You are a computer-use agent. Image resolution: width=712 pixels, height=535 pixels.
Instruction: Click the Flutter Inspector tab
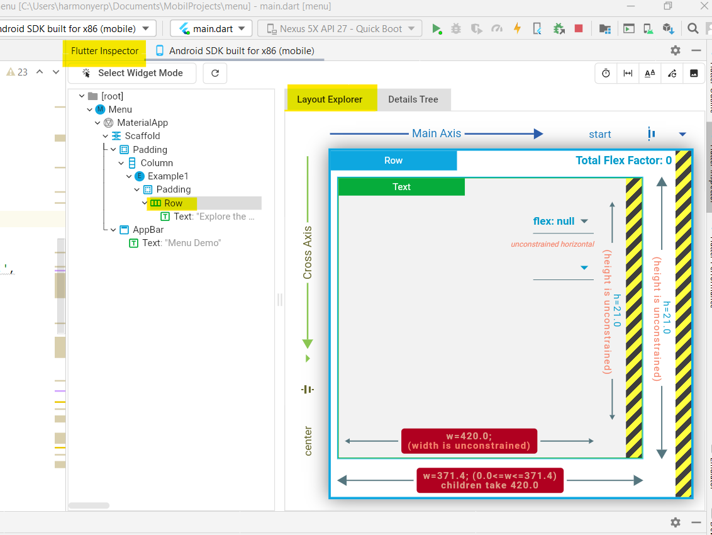coord(104,51)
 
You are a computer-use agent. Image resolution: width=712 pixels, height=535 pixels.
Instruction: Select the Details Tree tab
coord(413,99)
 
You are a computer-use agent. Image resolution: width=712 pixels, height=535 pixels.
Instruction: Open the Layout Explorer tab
coord(330,99)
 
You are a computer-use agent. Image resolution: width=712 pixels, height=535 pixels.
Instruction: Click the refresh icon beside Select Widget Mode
coord(215,73)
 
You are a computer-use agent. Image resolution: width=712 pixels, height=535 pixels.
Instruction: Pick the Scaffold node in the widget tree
coord(142,136)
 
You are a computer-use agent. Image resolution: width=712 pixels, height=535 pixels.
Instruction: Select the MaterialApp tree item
coord(142,123)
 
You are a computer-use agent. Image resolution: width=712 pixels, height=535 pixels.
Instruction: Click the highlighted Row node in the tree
coord(173,203)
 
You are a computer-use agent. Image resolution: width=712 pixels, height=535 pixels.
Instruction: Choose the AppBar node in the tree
coord(148,230)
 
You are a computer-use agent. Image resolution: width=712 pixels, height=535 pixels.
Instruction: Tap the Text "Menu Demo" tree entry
coord(181,243)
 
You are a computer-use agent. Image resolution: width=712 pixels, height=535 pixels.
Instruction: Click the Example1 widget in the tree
coord(168,176)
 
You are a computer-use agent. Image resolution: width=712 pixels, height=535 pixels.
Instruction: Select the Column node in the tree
coord(157,163)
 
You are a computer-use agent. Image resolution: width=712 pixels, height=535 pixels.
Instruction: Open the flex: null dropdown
coord(561,222)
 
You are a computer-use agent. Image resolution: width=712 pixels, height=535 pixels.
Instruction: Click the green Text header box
coord(401,187)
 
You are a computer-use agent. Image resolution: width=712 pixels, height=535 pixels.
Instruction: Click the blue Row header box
coord(393,160)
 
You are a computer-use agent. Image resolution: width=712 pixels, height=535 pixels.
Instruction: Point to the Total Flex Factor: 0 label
coord(623,160)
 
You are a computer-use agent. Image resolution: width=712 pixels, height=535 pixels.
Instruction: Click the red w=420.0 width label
coord(469,441)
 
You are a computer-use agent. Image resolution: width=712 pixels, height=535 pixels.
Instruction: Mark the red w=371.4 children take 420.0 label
coord(490,480)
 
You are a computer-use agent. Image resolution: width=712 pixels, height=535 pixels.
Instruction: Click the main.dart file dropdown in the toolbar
coord(211,28)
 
